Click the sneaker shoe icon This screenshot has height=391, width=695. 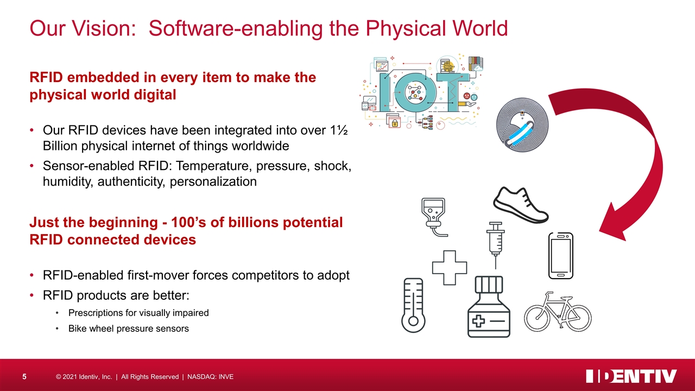(521, 206)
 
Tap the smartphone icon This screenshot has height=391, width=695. (561, 256)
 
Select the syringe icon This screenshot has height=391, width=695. (496, 244)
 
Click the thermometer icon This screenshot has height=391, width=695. (413, 305)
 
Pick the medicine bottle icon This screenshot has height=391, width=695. (489, 307)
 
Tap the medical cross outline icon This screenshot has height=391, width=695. (449, 268)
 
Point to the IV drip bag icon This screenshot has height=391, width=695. (434, 217)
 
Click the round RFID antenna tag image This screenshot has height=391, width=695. (522, 125)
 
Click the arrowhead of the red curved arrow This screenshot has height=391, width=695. (613, 223)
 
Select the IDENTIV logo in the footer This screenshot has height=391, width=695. (631, 376)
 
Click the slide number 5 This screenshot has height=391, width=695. (24, 377)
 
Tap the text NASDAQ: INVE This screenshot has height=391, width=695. (210, 377)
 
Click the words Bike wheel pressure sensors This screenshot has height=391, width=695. (129, 329)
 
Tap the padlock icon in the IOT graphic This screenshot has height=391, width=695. (395, 123)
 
